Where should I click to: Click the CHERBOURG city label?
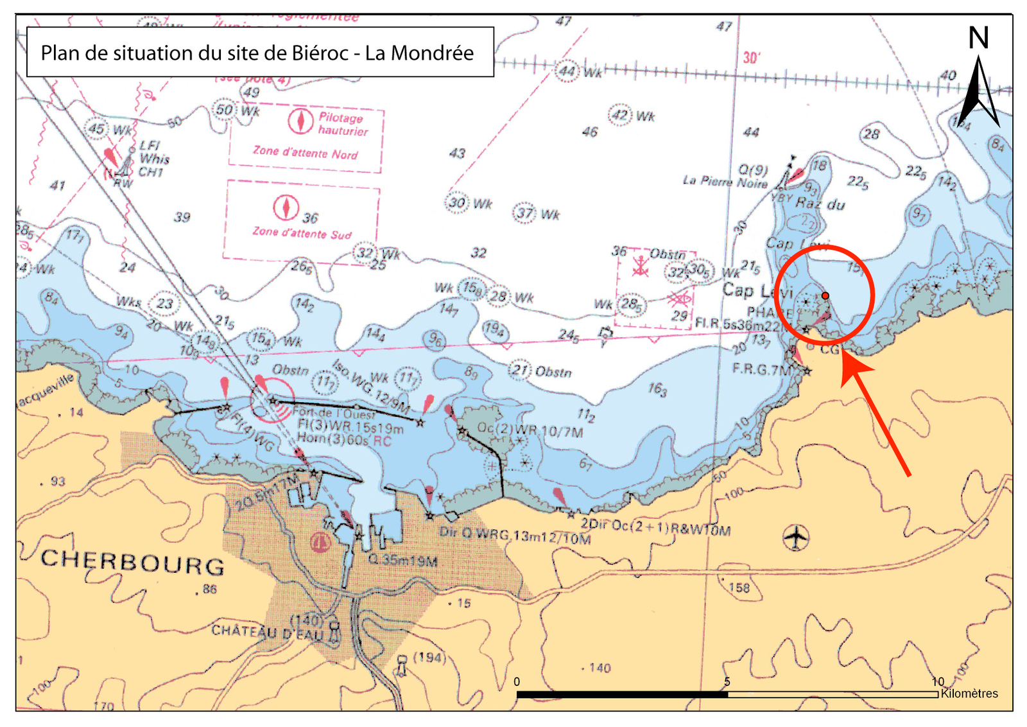point(133,563)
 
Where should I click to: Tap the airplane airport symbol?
point(796,537)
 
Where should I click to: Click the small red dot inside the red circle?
point(825,295)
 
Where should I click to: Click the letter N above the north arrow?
point(978,39)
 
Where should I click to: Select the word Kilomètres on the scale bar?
point(969,694)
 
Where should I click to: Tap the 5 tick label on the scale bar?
point(727,682)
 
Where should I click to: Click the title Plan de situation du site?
point(257,53)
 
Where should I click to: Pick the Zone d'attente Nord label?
point(305,153)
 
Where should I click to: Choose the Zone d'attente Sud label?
point(302,232)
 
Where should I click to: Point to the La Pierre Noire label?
point(725,182)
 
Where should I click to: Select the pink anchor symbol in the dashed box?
point(640,266)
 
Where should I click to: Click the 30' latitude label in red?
point(751,58)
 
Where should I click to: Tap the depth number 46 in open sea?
point(590,132)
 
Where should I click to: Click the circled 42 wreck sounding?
point(620,115)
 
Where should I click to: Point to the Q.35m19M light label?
point(403,561)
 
